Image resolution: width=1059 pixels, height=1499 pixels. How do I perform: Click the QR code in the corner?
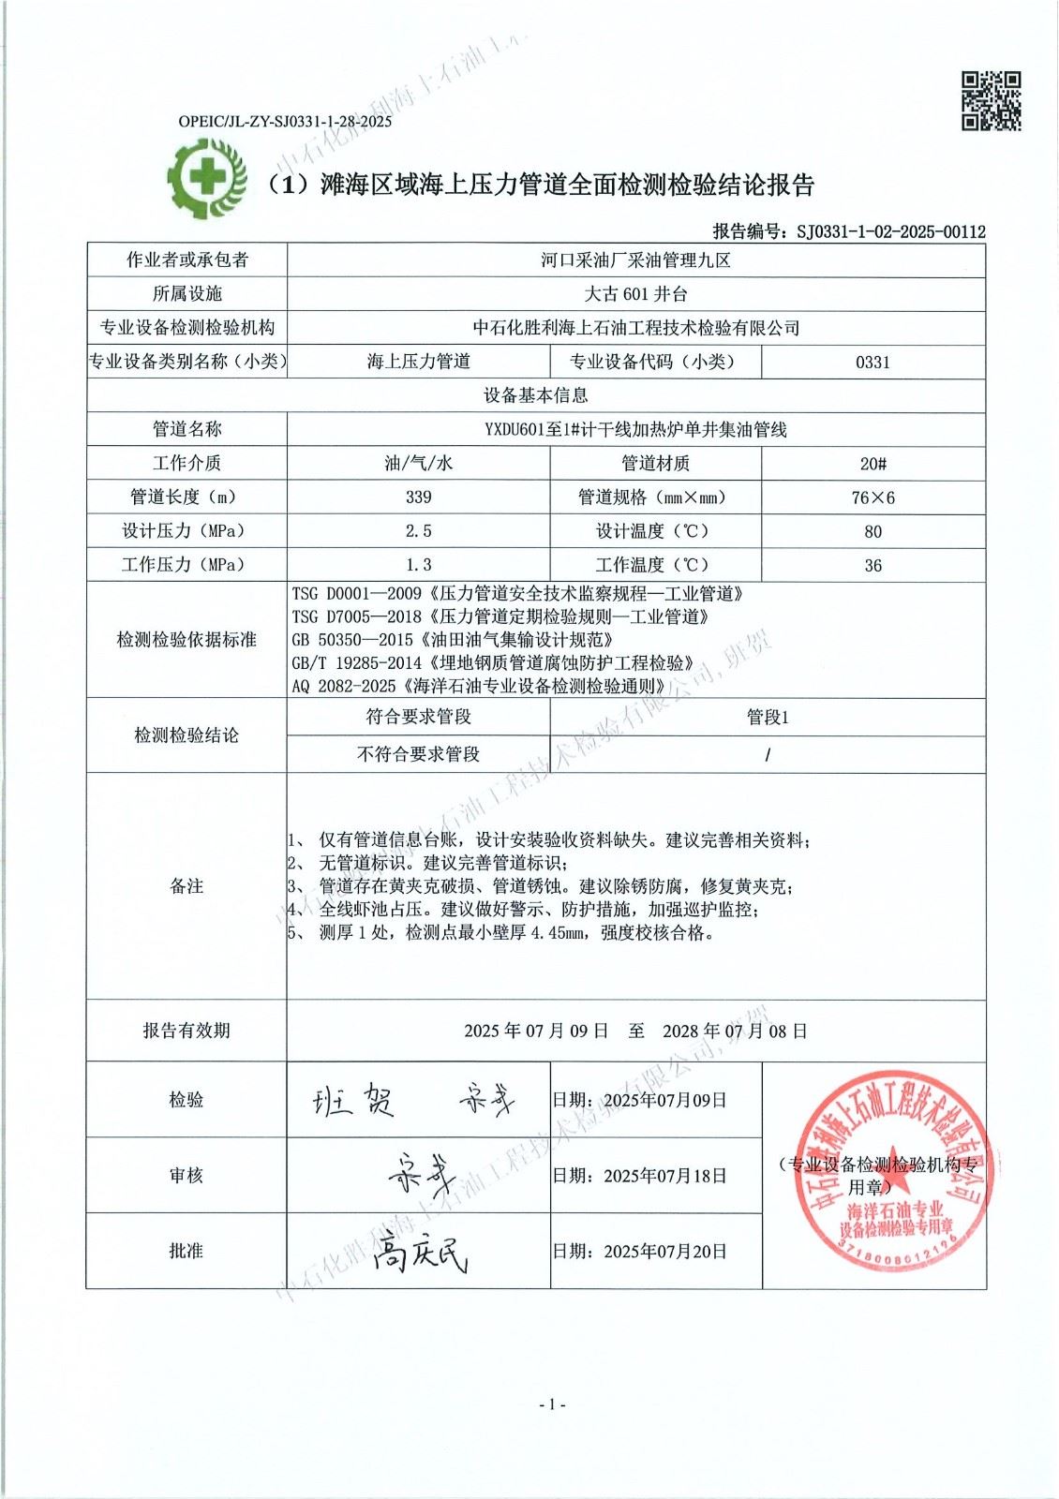pos(991,101)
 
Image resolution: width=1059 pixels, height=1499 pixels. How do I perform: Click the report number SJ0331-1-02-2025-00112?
pos(890,231)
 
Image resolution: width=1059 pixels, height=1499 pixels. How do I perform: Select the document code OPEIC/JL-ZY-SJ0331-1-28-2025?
pos(285,121)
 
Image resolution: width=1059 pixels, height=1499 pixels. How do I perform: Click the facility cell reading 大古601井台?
pos(635,294)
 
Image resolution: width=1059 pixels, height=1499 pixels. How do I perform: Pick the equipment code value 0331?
pos(873,362)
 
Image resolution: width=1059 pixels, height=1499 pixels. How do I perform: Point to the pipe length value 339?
pos(418,497)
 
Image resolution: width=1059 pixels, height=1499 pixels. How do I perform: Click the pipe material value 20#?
pos(873,463)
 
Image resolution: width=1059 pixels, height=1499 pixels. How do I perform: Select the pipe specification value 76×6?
pos(873,497)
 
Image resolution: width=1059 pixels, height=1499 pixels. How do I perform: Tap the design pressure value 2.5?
pos(418,530)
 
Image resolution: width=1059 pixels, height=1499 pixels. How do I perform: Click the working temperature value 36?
pos(873,565)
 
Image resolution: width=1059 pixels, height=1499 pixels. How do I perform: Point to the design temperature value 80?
pos(873,531)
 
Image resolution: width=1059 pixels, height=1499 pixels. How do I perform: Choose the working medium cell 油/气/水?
pos(418,463)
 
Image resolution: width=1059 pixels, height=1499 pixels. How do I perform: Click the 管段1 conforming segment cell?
pos(768,717)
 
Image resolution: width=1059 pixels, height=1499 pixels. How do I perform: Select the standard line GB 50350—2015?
pos(452,640)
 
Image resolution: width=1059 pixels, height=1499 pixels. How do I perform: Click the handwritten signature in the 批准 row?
pos(419,1252)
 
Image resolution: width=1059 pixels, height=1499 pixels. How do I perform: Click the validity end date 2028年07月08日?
pos(735,1031)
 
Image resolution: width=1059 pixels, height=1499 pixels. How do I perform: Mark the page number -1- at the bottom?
pos(553,1403)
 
